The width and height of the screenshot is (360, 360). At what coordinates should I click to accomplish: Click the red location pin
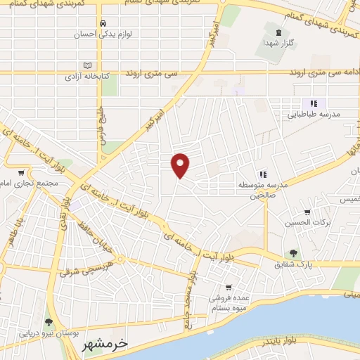click(181, 165)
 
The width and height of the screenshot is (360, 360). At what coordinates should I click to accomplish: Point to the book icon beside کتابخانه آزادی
click(87, 65)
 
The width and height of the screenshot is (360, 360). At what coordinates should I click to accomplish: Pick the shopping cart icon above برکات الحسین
click(307, 212)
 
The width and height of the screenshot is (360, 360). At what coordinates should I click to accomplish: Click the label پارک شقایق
click(293, 265)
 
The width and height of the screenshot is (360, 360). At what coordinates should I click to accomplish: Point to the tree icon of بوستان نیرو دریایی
click(49, 321)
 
